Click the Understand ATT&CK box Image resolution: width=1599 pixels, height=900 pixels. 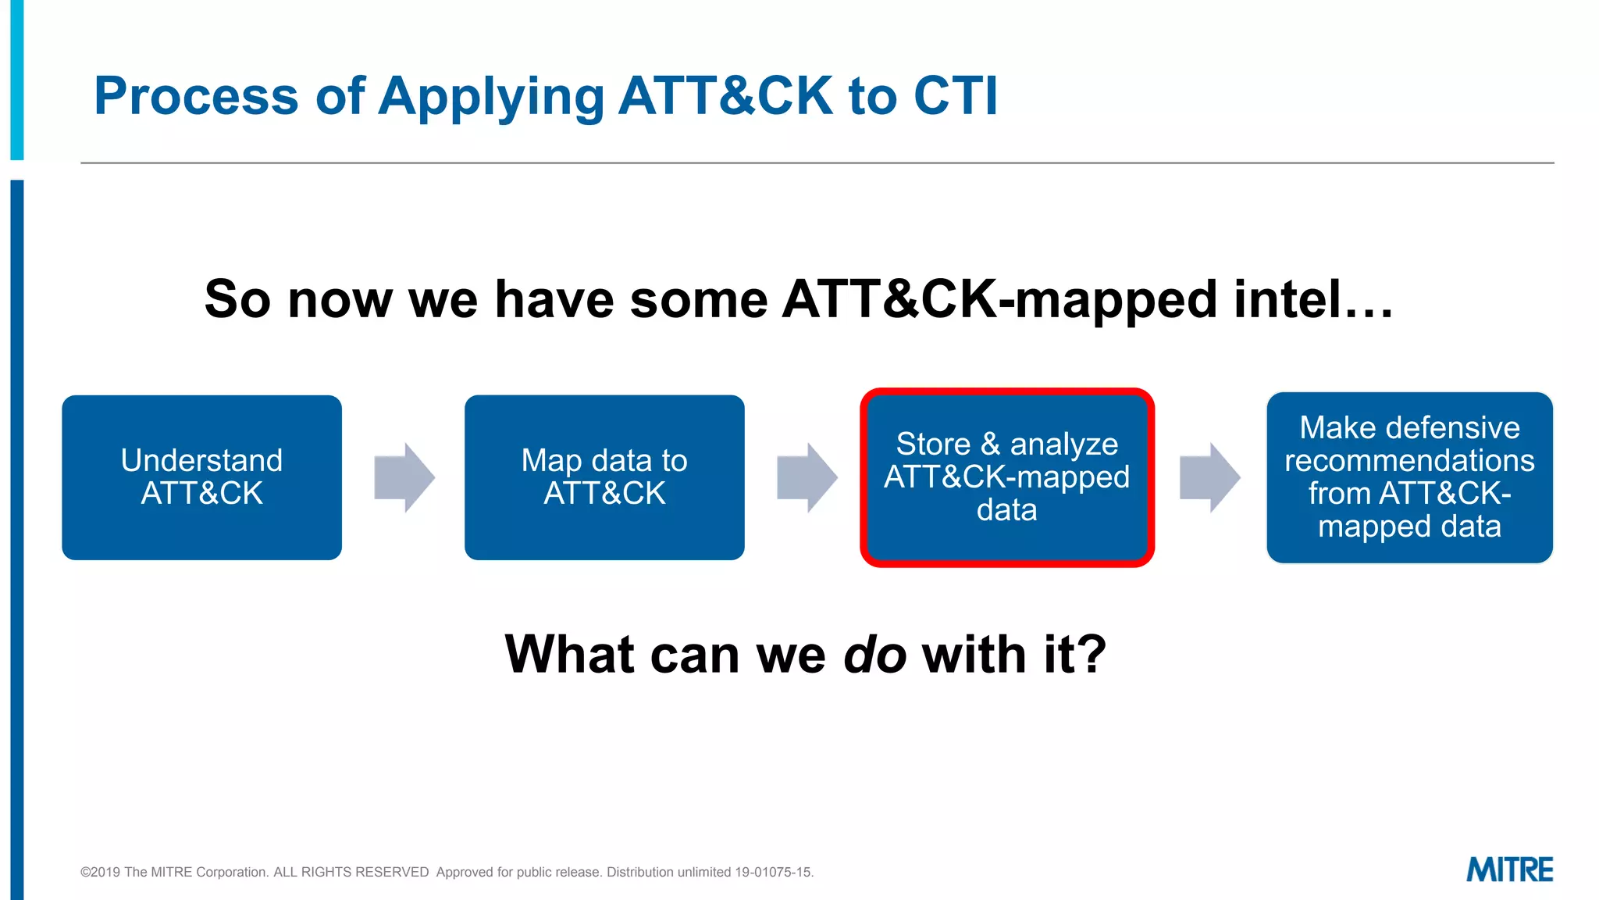pyautogui.click(x=201, y=477)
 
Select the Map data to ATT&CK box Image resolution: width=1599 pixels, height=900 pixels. pyautogui.click(x=604, y=477)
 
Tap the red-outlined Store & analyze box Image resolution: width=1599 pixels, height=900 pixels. pyautogui.click(x=1006, y=477)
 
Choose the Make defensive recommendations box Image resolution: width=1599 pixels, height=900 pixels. pyautogui.click(x=1409, y=477)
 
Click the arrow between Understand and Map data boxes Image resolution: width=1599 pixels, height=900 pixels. pyautogui.click(x=404, y=477)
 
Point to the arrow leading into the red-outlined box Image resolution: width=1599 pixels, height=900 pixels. pyautogui.click(x=807, y=477)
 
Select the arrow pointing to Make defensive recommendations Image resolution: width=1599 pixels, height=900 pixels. pyautogui.click(x=1209, y=477)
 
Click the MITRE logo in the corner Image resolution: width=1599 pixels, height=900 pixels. pyautogui.click(x=1509, y=870)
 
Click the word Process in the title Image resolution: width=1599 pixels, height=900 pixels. pyautogui.click(x=196, y=96)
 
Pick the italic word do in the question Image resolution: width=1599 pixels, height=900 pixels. pyautogui.click(x=874, y=654)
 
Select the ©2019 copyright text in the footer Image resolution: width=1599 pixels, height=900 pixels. pyautogui.click(x=100, y=872)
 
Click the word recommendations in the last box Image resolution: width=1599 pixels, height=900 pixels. pyautogui.click(x=1409, y=461)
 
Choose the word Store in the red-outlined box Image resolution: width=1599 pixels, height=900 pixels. pyautogui.click(x=933, y=444)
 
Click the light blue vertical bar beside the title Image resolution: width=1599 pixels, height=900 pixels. pyautogui.click(x=17, y=78)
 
